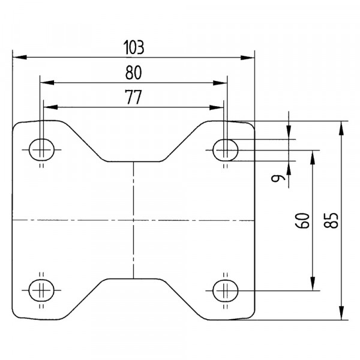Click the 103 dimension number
(134, 47)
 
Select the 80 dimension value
(134, 73)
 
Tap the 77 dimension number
(133, 97)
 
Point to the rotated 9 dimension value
(278, 178)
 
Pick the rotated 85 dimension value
(331, 220)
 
